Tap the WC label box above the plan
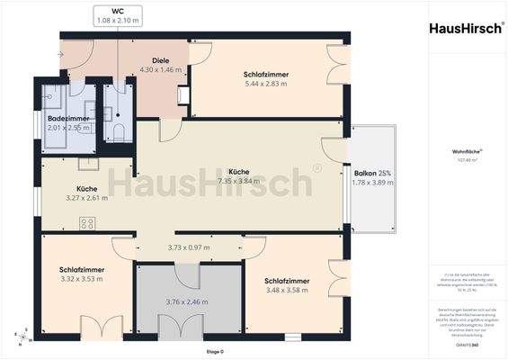[117, 15]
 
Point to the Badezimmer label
[68, 118]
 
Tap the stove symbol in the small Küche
[87, 223]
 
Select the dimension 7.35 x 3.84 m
[238, 181]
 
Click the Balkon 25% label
[370, 173]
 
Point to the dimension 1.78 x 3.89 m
[370, 183]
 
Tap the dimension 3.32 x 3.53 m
[82, 280]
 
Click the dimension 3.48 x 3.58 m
[288, 292]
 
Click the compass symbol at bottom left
[22, 339]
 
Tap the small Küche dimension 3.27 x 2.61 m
[86, 198]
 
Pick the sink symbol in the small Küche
[87, 164]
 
